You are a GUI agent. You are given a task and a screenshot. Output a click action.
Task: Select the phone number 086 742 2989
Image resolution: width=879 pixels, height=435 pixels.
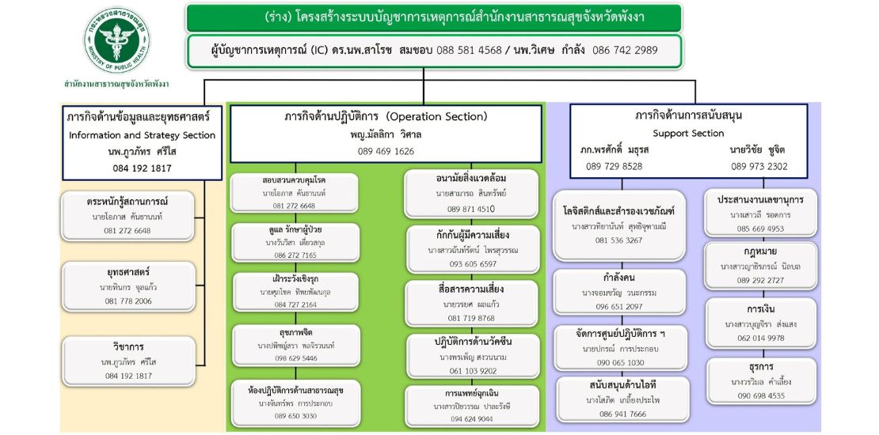point(625,50)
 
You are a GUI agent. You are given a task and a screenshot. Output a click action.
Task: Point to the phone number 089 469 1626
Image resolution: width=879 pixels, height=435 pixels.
point(386,151)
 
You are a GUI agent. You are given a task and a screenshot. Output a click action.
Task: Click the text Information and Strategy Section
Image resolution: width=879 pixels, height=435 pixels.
point(142,135)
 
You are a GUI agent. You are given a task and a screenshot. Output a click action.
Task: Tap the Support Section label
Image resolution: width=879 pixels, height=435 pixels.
point(688,134)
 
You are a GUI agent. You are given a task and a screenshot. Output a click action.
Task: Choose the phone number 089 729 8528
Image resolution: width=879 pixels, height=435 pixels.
point(614,166)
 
